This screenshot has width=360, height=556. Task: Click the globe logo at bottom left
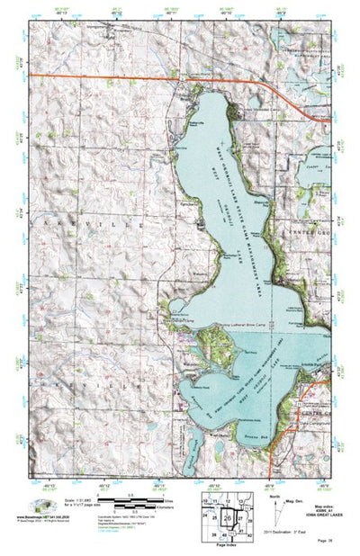tap(40, 506)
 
